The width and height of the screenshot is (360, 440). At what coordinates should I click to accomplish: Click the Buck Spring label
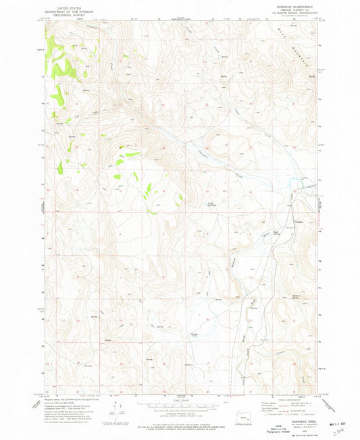tap(277, 233)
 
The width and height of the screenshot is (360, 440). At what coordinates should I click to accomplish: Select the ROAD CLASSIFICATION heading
tap(290, 396)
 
